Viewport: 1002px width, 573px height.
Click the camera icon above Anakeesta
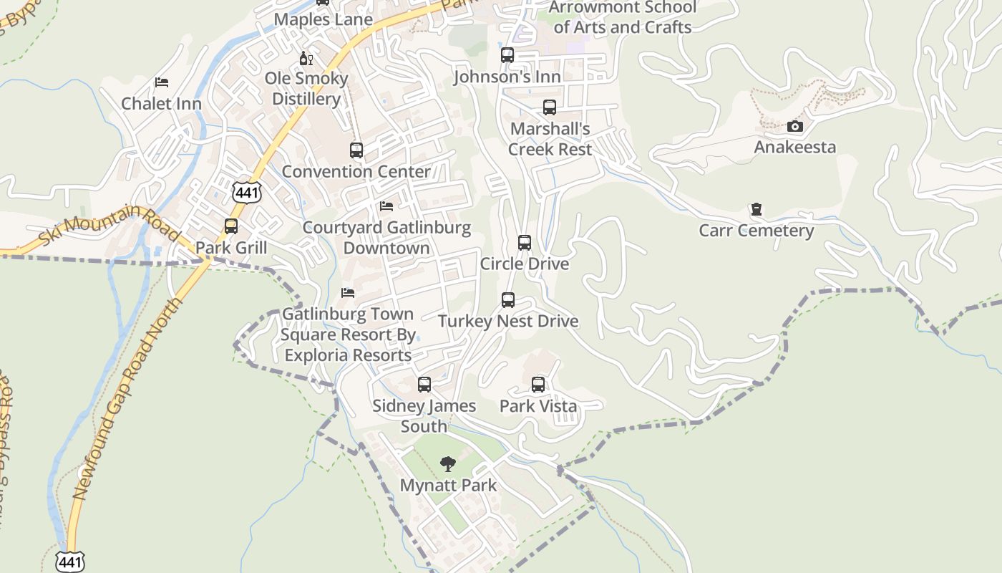coord(794,127)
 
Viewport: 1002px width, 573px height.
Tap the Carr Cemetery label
coord(756,231)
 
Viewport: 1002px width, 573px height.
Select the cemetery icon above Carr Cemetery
coord(756,210)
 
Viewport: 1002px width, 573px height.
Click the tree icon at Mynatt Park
coord(448,464)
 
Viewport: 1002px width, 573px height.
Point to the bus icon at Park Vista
coord(538,385)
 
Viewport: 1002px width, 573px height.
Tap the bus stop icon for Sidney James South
coord(424,385)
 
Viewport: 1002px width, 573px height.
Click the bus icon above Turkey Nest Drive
coord(508,300)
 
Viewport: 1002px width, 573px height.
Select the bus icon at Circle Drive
coord(525,243)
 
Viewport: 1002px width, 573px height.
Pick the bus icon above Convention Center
coord(356,150)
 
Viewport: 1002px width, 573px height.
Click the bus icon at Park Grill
coord(231,226)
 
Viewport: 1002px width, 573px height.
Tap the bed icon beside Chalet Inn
coord(162,82)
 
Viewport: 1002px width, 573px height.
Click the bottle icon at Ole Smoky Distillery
coord(306,58)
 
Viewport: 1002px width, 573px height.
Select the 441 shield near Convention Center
coord(247,192)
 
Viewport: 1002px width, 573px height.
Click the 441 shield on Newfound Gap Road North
coord(71,562)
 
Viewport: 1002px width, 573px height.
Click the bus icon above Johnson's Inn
coord(507,55)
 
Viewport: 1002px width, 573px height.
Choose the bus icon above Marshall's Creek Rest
coord(550,107)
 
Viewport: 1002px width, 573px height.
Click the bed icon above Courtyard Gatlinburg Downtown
coord(386,206)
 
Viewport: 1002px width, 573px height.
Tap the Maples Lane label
coord(324,19)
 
